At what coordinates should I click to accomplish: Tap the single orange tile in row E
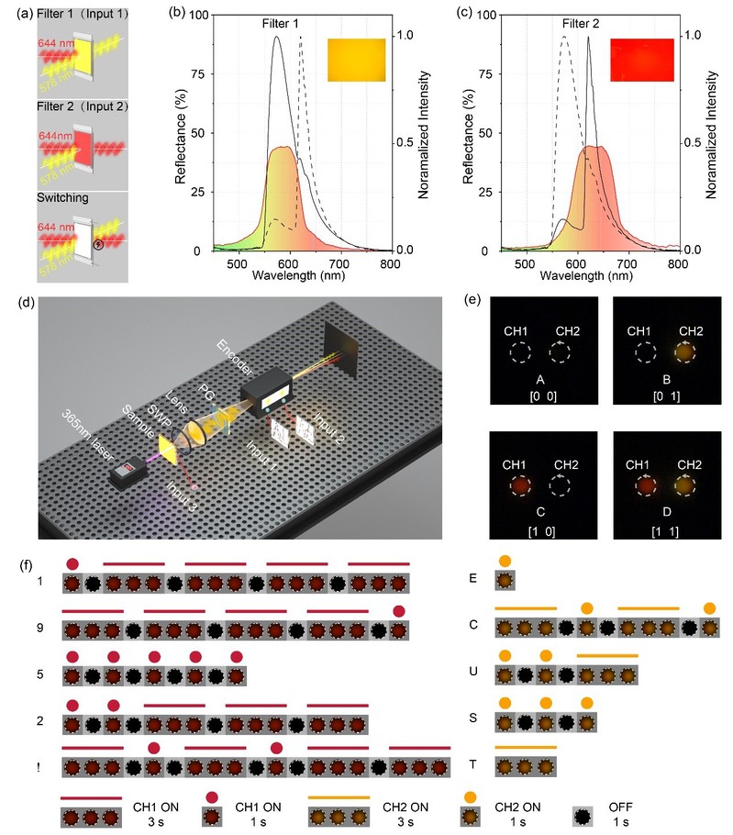(505, 581)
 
